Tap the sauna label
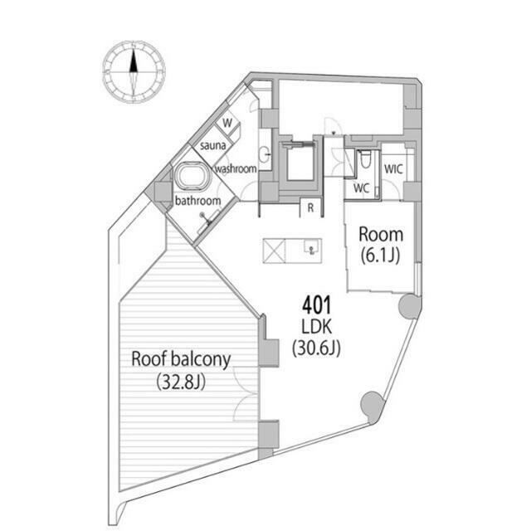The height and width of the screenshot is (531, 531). pyautogui.click(x=212, y=146)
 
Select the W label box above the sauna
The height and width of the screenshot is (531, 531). pyautogui.click(x=227, y=124)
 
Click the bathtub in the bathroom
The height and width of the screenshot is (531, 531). pyautogui.click(x=192, y=175)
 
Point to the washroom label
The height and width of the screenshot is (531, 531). pyautogui.click(x=236, y=168)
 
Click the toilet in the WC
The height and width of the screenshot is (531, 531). pyautogui.click(x=365, y=158)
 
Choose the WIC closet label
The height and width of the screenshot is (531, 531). pyautogui.click(x=393, y=168)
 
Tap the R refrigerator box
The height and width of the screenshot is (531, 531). pyautogui.click(x=310, y=207)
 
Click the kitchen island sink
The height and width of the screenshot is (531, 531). pyautogui.click(x=312, y=246)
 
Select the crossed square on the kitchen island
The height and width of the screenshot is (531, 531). pyautogui.click(x=275, y=251)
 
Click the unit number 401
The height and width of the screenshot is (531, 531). pyautogui.click(x=316, y=305)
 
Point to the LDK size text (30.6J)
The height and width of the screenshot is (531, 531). pyautogui.click(x=316, y=348)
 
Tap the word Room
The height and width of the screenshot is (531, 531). pyautogui.click(x=381, y=234)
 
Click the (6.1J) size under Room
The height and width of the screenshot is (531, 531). pyautogui.click(x=380, y=256)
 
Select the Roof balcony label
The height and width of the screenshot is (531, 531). pyautogui.click(x=181, y=359)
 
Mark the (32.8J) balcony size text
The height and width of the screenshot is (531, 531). pyautogui.click(x=181, y=382)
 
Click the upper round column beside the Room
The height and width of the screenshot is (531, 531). pyautogui.click(x=409, y=306)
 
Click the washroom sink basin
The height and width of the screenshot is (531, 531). pyautogui.click(x=265, y=155)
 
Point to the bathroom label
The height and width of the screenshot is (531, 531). pyautogui.click(x=197, y=201)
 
